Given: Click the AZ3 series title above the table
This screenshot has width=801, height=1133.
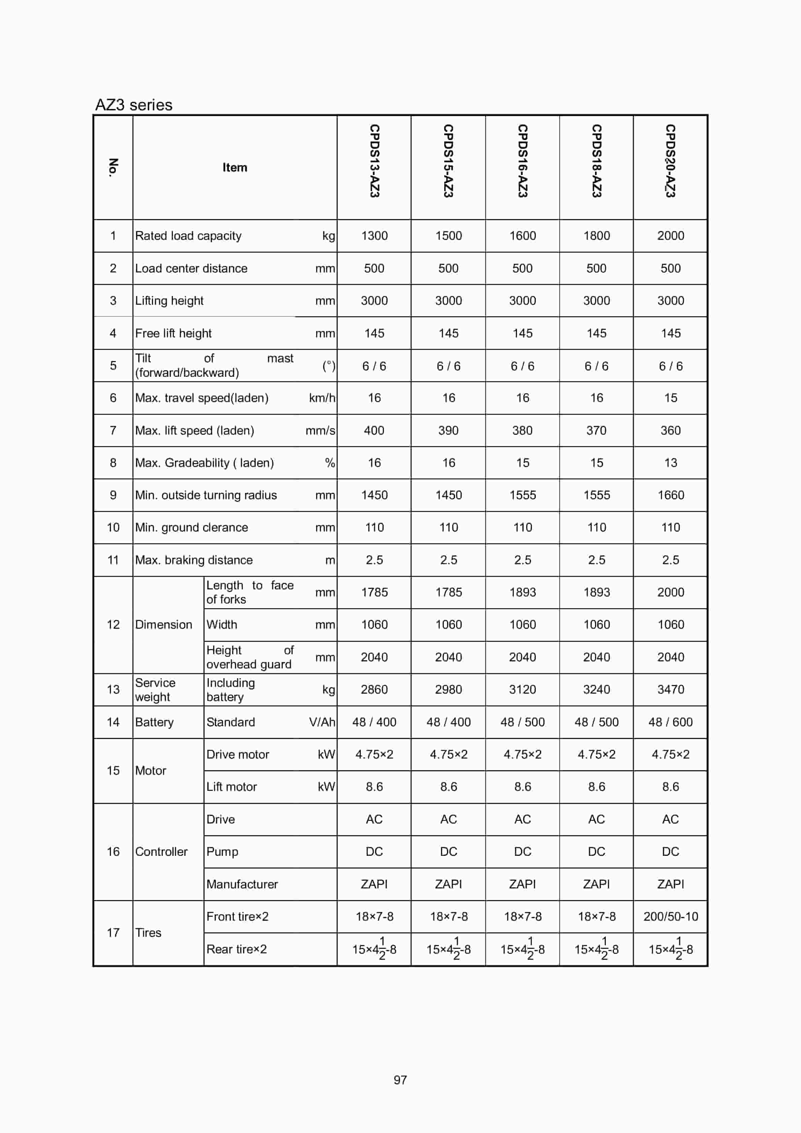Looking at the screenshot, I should tap(134, 105).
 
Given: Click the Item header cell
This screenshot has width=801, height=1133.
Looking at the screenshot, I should tap(235, 168).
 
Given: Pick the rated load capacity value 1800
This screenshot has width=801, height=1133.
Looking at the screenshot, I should tap(596, 236).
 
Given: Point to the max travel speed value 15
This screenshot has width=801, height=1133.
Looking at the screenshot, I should tap(670, 398).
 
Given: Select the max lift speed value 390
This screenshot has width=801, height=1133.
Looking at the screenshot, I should tap(448, 431).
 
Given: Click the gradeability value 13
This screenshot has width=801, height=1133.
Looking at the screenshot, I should tap(670, 463).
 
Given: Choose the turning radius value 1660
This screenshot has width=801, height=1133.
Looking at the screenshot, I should tap(670, 496).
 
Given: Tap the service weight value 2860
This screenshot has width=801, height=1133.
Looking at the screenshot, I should tap(374, 690).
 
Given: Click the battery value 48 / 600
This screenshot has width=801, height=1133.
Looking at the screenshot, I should tap(670, 723).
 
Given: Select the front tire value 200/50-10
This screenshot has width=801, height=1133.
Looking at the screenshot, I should tap(670, 917).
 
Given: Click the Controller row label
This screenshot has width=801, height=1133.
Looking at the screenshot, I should tap(162, 852).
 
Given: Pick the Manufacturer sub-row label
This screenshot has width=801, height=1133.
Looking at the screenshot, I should tap(242, 884).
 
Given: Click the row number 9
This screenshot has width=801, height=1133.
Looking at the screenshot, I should tap(113, 496).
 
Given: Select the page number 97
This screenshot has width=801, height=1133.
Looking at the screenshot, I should tap(400, 1080).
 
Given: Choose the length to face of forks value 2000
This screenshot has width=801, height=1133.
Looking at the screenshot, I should tap(670, 593).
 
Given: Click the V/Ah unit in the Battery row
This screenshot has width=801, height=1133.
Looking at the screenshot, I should tap(322, 723).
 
